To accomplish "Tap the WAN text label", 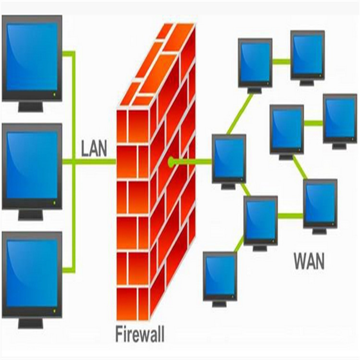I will click(x=309, y=262).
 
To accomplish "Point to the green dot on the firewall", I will click(x=171, y=162).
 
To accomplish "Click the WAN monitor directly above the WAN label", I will click(x=320, y=204).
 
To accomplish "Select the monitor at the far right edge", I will click(x=339, y=118).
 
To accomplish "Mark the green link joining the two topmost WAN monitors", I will click(x=281, y=61).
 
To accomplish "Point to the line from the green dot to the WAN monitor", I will click(x=192, y=162).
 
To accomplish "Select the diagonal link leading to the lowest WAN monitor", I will click(x=238, y=245).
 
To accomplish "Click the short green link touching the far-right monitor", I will click(x=313, y=123).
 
